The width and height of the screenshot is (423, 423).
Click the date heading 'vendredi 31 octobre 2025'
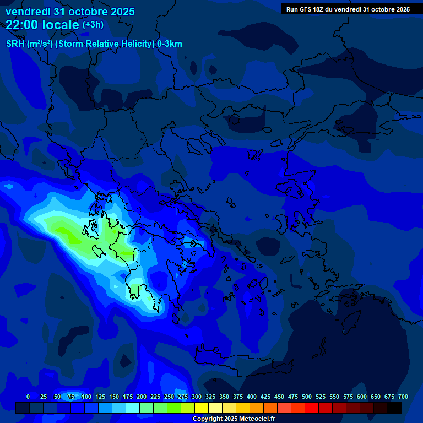tap(70, 11)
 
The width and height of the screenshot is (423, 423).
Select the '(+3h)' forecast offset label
tap(93, 25)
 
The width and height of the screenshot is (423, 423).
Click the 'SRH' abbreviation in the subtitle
tap(15, 44)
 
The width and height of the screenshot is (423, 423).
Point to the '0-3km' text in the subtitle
tap(170, 44)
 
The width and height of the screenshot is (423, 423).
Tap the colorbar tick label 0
tap(28, 397)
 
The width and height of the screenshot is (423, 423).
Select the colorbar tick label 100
tap(86, 397)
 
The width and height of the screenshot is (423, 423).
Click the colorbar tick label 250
tap(169, 397)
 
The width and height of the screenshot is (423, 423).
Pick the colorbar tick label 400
tap(252, 397)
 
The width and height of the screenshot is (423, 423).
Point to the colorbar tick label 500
tap(307, 397)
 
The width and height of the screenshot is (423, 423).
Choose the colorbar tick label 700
tap(403, 397)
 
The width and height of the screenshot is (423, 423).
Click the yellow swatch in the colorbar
tap(202, 408)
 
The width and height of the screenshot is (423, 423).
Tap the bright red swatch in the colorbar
tap(312, 408)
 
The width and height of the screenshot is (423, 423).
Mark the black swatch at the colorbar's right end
tap(394, 408)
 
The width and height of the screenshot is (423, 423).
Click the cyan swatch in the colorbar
tap(133, 408)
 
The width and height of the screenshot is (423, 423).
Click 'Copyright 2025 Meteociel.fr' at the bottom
tap(234, 419)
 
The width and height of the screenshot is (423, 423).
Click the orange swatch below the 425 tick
tap(257, 408)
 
